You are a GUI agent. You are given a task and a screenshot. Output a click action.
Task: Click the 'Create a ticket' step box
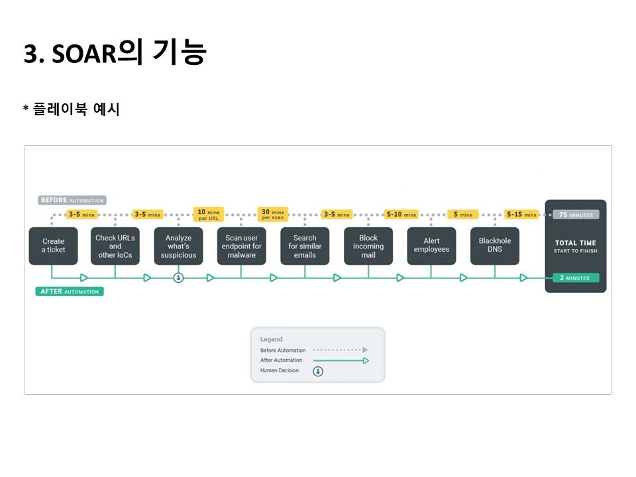(54, 246)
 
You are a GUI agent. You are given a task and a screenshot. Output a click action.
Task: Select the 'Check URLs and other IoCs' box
(115, 246)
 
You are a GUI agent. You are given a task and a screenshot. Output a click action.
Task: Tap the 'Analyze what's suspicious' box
(178, 246)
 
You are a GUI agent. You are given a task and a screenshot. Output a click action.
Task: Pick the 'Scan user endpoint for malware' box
(242, 246)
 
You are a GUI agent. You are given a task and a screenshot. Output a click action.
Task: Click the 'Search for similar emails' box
(305, 246)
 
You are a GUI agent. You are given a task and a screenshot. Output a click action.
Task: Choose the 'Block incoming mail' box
(368, 246)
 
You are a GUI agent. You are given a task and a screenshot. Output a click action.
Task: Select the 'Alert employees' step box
(431, 246)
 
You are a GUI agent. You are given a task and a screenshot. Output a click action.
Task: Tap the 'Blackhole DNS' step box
(495, 246)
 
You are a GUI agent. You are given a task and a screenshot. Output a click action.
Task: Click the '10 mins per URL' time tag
(209, 215)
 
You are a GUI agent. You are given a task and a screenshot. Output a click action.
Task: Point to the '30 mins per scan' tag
(273, 215)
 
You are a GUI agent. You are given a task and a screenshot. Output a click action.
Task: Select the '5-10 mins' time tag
(401, 215)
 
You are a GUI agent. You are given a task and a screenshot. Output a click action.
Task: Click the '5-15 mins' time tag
(521, 215)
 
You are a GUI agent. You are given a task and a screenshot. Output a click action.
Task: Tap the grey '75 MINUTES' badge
(576, 215)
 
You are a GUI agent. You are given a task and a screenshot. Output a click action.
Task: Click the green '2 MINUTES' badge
(575, 278)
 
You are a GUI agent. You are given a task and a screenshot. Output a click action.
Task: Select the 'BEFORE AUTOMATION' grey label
(72, 200)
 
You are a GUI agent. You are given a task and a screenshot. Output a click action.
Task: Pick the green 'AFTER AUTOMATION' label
(70, 291)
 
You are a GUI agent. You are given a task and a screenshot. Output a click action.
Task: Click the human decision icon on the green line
(178, 278)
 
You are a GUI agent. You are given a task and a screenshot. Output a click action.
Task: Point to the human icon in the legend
(318, 371)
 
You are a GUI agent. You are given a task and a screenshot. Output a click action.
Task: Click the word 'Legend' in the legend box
(271, 339)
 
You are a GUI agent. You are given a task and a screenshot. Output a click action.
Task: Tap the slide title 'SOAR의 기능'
(115, 53)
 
